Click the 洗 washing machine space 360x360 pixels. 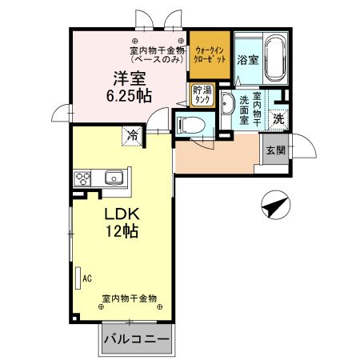tap(278, 118)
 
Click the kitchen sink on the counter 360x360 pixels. tap(112, 177)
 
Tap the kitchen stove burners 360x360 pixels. tap(83, 177)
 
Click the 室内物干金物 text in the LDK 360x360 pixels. tap(128, 298)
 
